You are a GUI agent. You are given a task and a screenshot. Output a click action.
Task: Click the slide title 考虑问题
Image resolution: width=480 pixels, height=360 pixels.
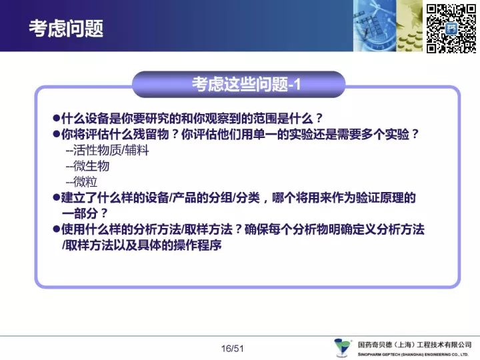(66, 29)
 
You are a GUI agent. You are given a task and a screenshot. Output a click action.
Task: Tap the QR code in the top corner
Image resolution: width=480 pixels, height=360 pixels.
(451, 29)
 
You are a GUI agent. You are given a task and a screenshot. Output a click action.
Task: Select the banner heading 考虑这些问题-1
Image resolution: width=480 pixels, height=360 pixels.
(246, 84)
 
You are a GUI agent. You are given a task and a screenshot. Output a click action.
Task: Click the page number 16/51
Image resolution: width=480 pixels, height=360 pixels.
(233, 349)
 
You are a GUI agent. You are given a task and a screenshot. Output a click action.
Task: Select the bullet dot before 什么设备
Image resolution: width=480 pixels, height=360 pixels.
(56, 118)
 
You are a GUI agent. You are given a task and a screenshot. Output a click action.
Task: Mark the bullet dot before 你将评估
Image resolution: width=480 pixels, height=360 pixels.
(56, 134)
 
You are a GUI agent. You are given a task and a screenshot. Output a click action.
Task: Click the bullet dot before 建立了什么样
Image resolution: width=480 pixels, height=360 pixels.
(56, 197)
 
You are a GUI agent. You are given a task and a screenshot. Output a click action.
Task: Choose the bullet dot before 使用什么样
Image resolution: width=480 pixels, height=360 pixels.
(56, 229)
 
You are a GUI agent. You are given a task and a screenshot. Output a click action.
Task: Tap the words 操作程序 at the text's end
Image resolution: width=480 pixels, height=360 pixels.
(197, 245)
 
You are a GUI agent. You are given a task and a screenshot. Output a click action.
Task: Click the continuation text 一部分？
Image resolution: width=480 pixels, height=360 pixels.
(85, 213)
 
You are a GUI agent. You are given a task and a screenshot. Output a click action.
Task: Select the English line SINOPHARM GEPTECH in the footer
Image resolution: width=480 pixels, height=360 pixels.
(413, 355)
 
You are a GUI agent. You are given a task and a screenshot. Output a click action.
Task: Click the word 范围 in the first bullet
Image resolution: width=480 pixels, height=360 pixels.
(265, 118)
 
